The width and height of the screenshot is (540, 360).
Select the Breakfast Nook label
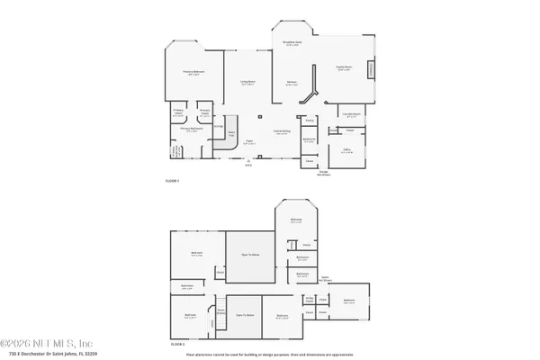click(x=292, y=42)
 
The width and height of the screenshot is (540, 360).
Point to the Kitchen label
click(x=292, y=84)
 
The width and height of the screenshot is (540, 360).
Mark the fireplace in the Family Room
click(x=379, y=72)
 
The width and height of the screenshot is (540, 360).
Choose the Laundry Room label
click(x=351, y=114)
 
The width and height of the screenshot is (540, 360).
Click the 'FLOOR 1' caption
click(x=173, y=181)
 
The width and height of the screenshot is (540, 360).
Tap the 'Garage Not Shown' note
click(x=323, y=173)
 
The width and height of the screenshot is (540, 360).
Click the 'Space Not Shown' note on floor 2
click(x=325, y=278)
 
